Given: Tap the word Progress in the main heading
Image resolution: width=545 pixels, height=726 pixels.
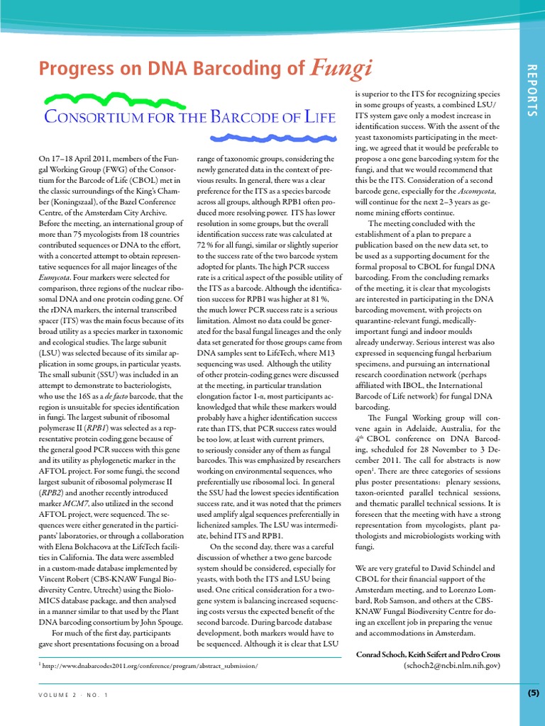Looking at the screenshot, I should (69, 69).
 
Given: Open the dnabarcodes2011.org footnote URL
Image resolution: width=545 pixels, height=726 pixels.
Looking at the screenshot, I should (150, 666).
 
